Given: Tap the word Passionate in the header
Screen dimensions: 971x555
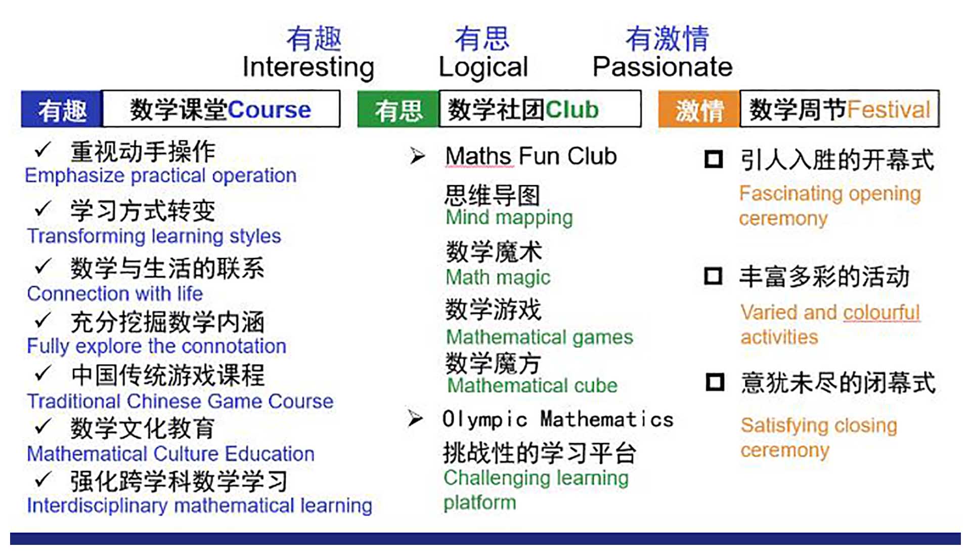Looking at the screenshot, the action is (663, 67).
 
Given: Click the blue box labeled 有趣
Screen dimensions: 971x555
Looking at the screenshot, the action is (62, 109).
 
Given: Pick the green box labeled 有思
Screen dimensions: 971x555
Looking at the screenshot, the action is (398, 109).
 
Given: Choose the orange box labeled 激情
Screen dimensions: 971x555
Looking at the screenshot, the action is (699, 109).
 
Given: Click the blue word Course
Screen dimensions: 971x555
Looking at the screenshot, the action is (269, 110).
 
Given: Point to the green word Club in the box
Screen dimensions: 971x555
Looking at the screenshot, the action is (571, 109).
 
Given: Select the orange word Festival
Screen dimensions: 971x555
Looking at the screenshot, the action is (889, 109).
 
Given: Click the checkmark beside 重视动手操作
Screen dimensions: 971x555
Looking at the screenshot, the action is (43, 149).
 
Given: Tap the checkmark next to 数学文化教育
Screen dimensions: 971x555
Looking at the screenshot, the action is (43, 426).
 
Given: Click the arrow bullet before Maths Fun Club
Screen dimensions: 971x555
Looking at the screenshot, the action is (417, 156).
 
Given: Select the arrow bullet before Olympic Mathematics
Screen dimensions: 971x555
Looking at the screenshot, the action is (415, 418).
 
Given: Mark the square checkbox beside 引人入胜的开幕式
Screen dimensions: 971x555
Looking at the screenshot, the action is (714, 159).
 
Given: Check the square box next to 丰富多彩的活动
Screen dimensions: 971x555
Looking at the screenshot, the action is (713, 276).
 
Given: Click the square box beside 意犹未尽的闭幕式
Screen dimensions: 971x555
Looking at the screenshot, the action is (715, 382).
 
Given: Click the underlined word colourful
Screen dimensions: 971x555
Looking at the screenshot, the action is (881, 313).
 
